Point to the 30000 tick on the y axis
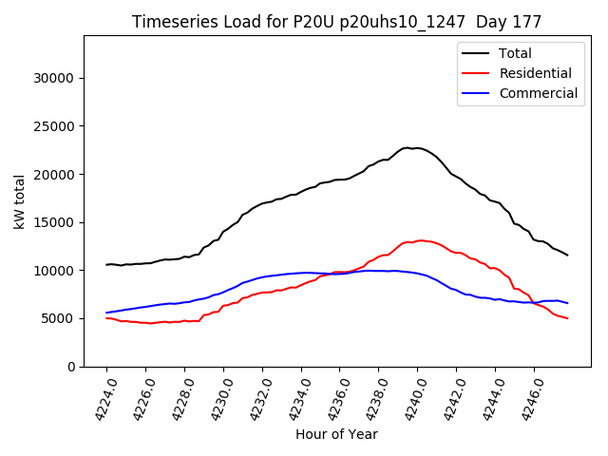[x=56, y=78]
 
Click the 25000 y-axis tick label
[x=56, y=126]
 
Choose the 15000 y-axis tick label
[x=56, y=222]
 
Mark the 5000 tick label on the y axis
[x=60, y=318]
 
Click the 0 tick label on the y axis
[x=72, y=367]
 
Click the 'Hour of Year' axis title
[x=336, y=434]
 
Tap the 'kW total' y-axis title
[x=20, y=201]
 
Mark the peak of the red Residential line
[x=419, y=240]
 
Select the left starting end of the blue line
[x=106, y=313]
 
